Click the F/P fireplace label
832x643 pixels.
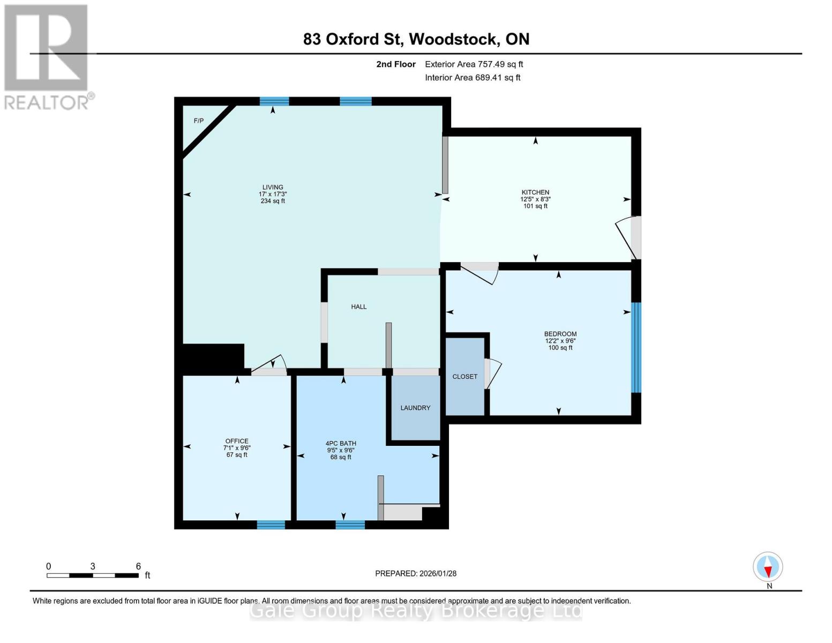(198, 121)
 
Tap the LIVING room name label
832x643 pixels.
(273, 188)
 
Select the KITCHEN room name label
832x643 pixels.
(535, 192)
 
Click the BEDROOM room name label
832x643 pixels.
(560, 334)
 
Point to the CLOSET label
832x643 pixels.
(464, 377)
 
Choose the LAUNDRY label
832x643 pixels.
(415, 408)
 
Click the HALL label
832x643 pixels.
(358, 307)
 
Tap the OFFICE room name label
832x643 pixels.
(237, 442)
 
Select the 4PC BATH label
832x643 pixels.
(341, 444)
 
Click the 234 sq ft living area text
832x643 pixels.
(273, 201)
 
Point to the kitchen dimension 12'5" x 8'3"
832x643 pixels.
(535, 199)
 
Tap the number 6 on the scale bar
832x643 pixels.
(138, 566)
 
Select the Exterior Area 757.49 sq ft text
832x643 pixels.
(474, 64)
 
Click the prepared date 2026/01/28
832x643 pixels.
(438, 573)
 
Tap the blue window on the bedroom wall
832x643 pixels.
(636, 348)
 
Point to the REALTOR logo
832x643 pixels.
(47, 56)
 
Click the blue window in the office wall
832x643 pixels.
(271, 525)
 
